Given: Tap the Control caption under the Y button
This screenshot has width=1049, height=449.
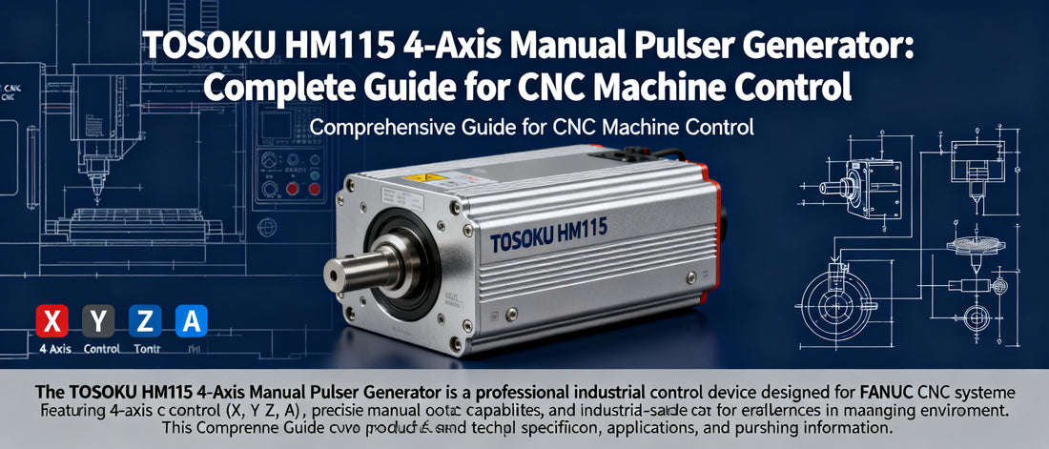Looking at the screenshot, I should (102, 349).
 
